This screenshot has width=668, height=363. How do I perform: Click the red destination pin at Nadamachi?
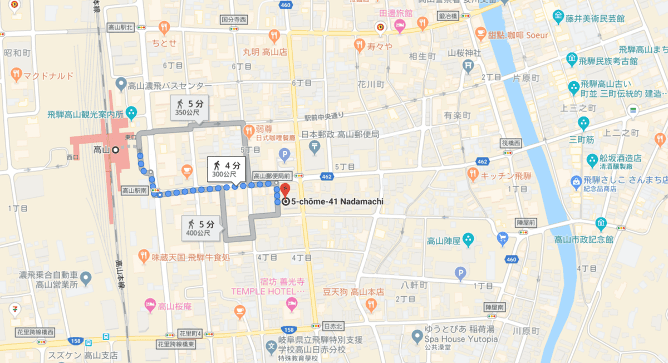[284, 189]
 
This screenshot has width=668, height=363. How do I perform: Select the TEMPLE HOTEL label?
[268, 291]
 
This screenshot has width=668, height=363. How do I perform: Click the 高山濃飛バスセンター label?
[169, 86]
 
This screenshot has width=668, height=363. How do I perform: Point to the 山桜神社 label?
[464, 53]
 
